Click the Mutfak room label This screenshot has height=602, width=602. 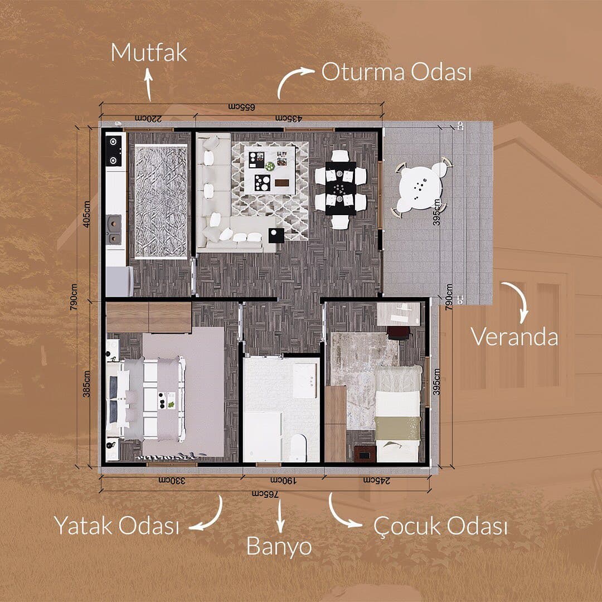click(x=149, y=52)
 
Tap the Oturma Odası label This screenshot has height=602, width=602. click(x=396, y=72)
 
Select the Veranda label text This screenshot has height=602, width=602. click(x=514, y=337)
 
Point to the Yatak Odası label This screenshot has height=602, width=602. click(x=116, y=525)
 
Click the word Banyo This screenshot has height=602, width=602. click(x=279, y=546)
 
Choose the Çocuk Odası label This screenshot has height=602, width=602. click(x=440, y=526)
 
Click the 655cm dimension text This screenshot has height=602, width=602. click(x=241, y=106)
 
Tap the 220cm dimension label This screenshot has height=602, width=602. click(x=148, y=119)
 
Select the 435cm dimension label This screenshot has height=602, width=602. click(x=288, y=119)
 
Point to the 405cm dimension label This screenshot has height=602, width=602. click(x=87, y=214)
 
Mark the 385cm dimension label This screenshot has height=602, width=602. click(x=87, y=383)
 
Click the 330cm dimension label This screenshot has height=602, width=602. click(x=172, y=480)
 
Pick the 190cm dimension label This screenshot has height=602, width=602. click(x=284, y=480)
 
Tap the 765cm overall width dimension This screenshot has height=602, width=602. click(x=265, y=494)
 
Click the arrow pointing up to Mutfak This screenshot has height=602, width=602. click(x=149, y=85)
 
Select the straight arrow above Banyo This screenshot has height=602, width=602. click(x=280, y=516)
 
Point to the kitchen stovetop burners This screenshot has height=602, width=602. click(x=114, y=151)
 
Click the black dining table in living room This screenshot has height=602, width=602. click(x=341, y=188)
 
